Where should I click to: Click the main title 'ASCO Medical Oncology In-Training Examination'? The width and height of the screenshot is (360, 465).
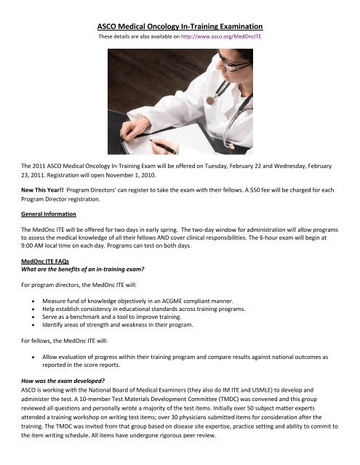[x=180, y=26]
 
